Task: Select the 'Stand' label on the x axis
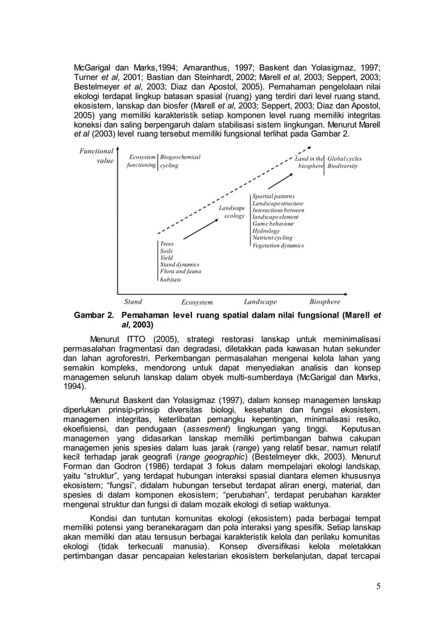[133, 302]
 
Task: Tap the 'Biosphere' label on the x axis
[325, 302]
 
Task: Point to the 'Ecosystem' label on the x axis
[197, 303]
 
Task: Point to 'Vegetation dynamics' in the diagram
[278, 245]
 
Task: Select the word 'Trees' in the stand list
[167, 244]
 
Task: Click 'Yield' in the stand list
[167, 258]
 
